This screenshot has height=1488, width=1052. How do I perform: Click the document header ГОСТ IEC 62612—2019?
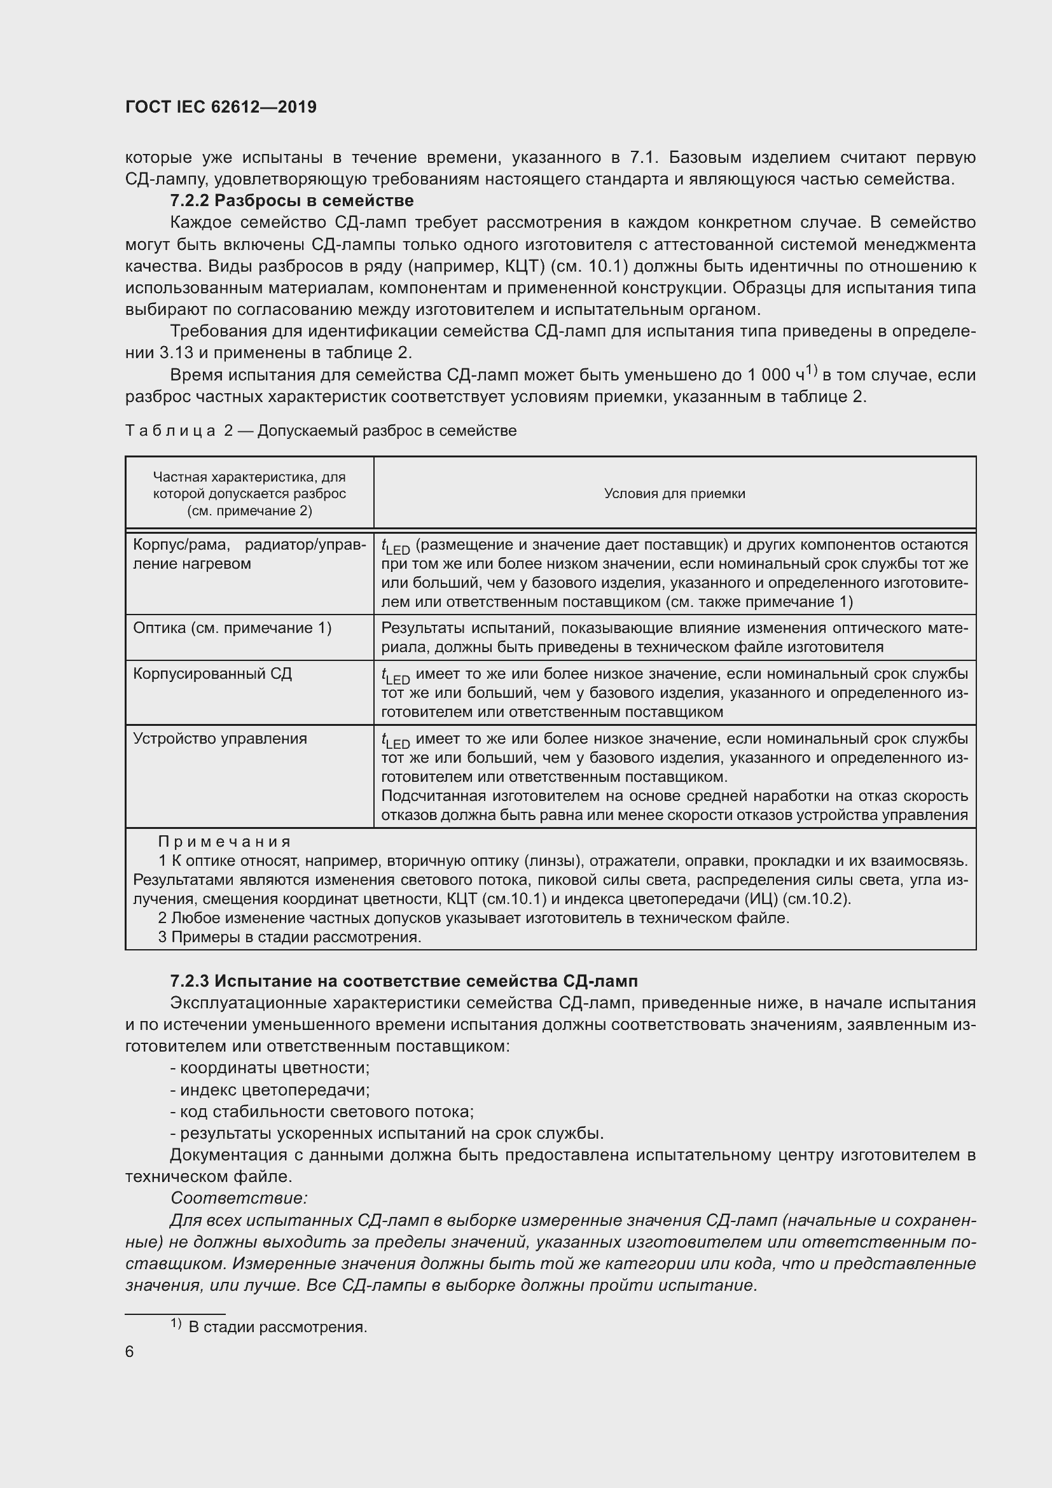[221, 107]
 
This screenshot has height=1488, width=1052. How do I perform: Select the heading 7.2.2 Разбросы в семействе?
[291, 200]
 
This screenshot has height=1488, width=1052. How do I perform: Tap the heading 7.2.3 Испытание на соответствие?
[404, 980]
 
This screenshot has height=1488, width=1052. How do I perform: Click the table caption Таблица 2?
[321, 431]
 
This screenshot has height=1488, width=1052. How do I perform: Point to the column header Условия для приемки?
[674, 493]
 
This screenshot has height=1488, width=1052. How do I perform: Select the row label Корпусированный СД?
[212, 673]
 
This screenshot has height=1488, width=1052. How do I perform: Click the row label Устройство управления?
[219, 738]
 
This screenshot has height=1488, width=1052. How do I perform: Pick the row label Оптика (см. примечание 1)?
[232, 627]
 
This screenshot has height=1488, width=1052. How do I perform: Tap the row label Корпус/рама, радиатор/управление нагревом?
[249, 554]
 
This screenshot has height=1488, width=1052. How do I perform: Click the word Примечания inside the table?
[225, 841]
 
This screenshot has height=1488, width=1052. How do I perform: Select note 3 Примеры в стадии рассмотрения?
[289, 936]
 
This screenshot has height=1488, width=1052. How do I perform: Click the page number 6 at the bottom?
[130, 1351]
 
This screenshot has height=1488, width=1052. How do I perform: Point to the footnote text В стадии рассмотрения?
[277, 1326]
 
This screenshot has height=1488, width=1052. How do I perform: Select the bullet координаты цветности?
[270, 1067]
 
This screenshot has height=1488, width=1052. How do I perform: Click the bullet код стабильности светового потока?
[322, 1111]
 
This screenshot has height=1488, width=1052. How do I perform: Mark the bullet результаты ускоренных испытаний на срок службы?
[387, 1133]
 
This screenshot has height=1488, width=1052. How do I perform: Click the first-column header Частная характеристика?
[249, 493]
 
